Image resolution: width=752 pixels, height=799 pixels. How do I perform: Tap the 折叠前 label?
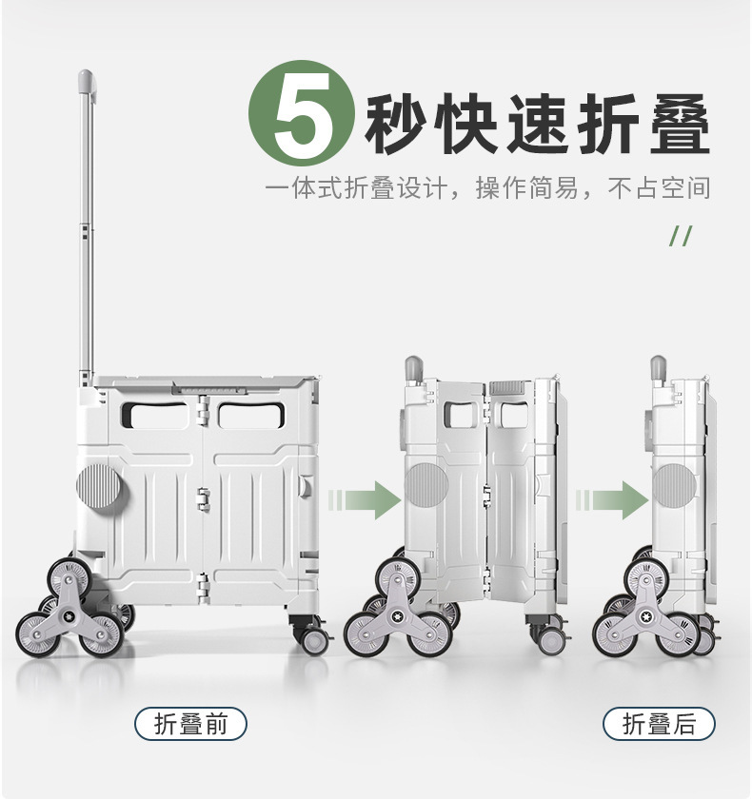[190, 723]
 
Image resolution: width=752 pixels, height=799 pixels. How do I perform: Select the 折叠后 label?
[659, 723]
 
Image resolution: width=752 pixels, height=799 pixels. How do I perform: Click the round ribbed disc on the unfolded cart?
[98, 485]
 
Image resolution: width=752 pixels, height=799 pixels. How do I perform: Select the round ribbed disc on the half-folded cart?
[425, 483]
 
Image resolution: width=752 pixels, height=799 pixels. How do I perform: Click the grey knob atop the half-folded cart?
[413, 367]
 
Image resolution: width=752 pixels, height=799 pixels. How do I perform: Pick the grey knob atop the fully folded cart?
[658, 367]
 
